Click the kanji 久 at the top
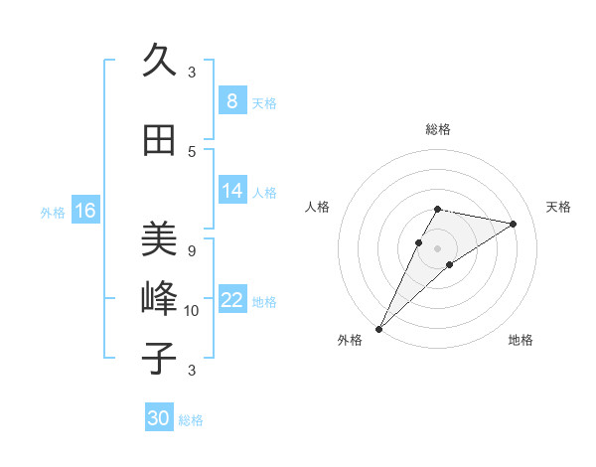click(159, 61)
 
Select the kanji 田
click(159, 140)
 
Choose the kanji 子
click(159, 358)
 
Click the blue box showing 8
click(231, 100)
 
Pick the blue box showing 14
click(231, 191)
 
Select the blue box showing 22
click(231, 300)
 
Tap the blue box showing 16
click(84, 210)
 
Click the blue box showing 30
click(159, 418)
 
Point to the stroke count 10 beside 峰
click(192, 311)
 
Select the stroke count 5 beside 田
click(192, 151)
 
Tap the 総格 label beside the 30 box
click(191, 420)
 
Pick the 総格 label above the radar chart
click(437, 130)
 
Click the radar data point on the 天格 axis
click(514, 225)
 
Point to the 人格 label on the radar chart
click(318, 207)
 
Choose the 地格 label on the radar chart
click(521, 340)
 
